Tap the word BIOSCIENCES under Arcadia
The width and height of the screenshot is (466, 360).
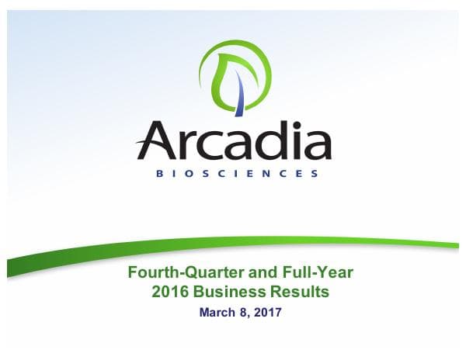(234, 174)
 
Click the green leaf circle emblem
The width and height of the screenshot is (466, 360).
(235, 74)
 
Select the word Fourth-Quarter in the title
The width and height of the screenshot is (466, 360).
(173, 272)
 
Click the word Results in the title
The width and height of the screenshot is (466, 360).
(294, 292)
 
